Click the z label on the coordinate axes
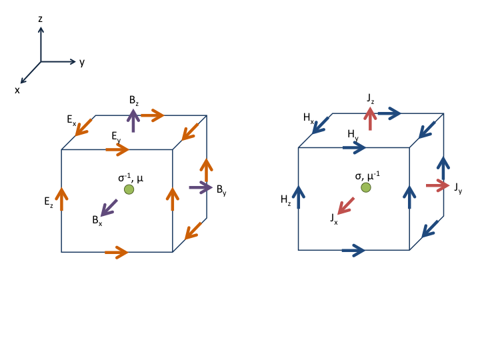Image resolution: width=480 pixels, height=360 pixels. click(x=40, y=19)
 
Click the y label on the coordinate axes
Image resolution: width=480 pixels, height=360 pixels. click(x=82, y=63)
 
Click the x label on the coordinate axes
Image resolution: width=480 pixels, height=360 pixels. click(x=17, y=90)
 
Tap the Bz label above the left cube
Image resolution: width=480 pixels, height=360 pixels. click(x=134, y=101)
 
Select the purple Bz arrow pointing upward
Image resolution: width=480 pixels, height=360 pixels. click(x=133, y=121)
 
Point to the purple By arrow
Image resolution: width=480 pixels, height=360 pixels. click(x=201, y=187)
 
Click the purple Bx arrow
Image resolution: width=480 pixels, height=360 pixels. click(x=109, y=208)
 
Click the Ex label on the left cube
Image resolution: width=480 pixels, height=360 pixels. click(x=71, y=120)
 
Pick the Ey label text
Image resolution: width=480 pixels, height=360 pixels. click(x=116, y=136)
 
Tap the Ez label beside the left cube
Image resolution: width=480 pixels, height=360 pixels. click(x=49, y=202)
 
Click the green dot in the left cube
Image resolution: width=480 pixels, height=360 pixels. click(x=129, y=189)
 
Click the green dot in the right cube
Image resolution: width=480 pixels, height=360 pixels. click(x=366, y=187)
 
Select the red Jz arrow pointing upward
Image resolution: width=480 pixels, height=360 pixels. click(x=370, y=119)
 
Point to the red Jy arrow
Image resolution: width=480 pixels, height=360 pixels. click(x=438, y=185)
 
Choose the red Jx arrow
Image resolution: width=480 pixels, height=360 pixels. click(x=346, y=206)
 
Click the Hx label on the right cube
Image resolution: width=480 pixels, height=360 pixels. click(x=309, y=118)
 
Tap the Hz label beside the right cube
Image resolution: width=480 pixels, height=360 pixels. click(x=285, y=200)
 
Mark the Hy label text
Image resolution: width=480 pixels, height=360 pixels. click(x=353, y=135)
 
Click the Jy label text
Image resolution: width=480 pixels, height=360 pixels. click(x=458, y=188)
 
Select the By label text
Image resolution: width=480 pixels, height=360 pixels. click(x=221, y=190)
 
